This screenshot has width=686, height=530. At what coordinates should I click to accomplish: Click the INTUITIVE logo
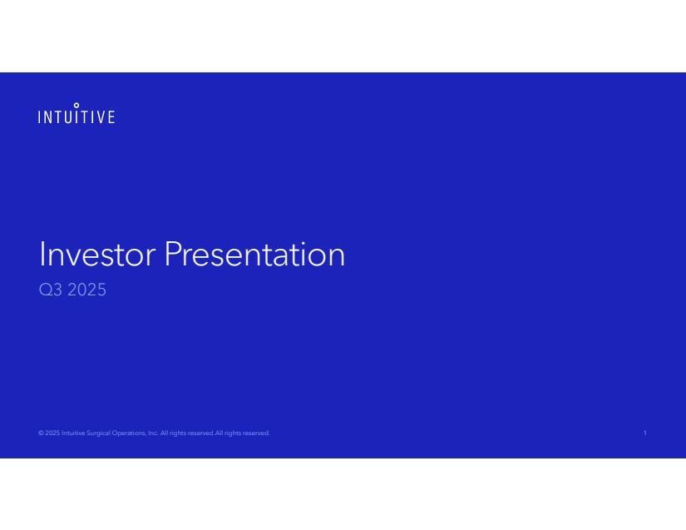point(76,113)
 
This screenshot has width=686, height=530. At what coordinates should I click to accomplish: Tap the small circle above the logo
point(76,105)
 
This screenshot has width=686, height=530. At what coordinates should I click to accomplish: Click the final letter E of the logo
point(111,116)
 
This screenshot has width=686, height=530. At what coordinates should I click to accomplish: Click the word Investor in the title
point(97,254)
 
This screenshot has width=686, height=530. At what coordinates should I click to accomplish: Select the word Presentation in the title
point(254,254)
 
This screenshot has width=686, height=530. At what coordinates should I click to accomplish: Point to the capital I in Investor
point(42,254)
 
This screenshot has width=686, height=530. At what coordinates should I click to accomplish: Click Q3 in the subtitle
point(51,290)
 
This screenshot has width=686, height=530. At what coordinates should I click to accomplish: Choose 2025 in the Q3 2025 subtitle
point(86,290)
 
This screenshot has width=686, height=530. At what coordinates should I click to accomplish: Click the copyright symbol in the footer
point(41,433)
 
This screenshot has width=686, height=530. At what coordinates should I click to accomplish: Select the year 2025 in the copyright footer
point(52,433)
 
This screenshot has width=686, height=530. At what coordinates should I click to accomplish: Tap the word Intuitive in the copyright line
point(73,433)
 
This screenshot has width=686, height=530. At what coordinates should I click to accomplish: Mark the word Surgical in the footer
point(98,433)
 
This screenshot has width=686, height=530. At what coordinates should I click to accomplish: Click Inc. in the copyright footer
point(153,433)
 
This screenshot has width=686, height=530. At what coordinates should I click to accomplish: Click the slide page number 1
point(645,433)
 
